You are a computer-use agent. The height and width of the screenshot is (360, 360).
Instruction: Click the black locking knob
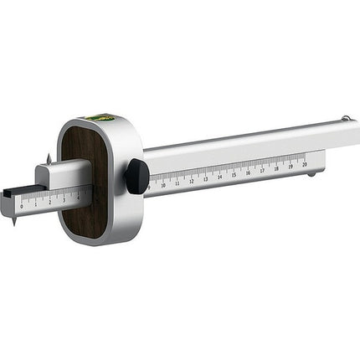136,176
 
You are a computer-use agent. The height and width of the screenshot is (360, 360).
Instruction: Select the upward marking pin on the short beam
49,157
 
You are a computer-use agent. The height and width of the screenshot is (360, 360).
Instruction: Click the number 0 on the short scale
22,207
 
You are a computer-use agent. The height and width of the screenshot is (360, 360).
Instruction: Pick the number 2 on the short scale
49,202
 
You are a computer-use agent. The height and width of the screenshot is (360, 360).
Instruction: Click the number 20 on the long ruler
305,164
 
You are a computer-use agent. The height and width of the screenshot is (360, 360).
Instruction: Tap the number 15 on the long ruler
234,174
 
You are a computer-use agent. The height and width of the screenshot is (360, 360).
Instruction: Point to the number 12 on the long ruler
191,181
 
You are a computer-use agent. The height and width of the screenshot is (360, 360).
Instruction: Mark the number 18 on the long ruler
276,168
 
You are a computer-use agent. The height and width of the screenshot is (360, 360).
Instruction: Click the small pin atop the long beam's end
343,118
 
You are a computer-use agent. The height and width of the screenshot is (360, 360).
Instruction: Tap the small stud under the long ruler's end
311,173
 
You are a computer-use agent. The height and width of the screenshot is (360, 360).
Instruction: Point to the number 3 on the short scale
64,199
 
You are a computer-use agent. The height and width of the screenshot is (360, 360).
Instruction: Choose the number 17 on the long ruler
262,170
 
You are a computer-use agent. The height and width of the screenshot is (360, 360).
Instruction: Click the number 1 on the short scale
35,204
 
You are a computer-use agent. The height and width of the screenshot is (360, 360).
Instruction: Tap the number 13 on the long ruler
205,178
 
